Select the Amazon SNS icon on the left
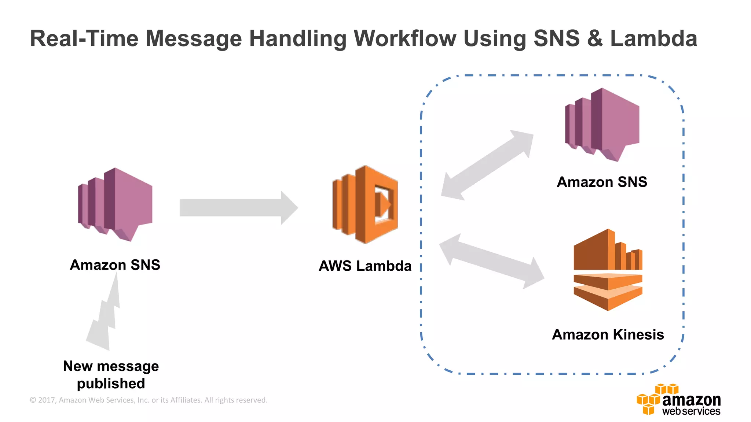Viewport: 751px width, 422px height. [x=115, y=204]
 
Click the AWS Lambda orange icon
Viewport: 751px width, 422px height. [x=365, y=204]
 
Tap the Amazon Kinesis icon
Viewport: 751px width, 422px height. [x=608, y=270]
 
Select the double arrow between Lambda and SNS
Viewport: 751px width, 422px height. [x=487, y=165]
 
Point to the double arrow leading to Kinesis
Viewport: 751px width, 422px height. [x=491, y=262]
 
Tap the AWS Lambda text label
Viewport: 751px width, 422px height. [x=365, y=266]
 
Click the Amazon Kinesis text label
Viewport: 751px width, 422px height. [x=608, y=334]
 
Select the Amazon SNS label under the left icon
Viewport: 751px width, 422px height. [x=115, y=264]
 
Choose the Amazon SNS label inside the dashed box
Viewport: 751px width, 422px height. [x=602, y=182]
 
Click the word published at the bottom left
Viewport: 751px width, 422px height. [x=111, y=383]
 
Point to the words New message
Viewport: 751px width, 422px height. [x=111, y=366]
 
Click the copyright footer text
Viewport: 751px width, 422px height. [x=149, y=400]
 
